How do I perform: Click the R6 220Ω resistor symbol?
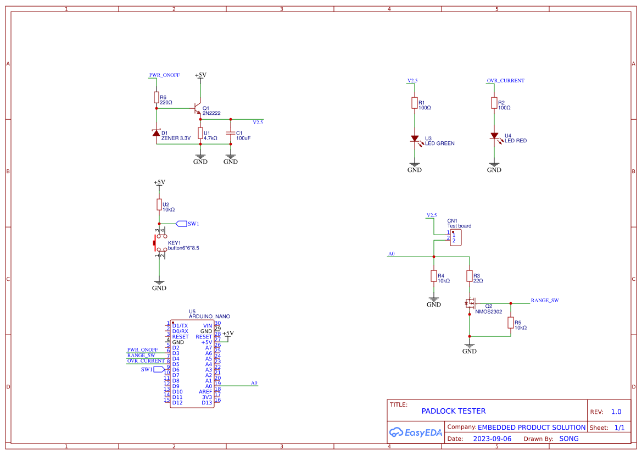(x=157, y=98)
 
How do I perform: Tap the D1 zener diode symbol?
(x=157, y=132)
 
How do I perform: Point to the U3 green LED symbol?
(x=415, y=140)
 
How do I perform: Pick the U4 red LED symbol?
(x=494, y=136)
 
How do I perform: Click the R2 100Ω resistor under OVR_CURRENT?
(x=494, y=104)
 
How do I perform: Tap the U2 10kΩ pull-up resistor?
(x=159, y=205)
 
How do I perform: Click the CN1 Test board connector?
(x=455, y=238)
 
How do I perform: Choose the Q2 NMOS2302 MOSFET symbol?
(x=470, y=303)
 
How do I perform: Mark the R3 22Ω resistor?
(x=470, y=276)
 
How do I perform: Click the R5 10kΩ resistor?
(x=511, y=324)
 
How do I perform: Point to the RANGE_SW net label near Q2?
(x=544, y=301)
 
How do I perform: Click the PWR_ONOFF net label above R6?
(x=164, y=75)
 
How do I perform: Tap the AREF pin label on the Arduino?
(x=205, y=391)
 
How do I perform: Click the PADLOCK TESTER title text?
(x=453, y=411)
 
